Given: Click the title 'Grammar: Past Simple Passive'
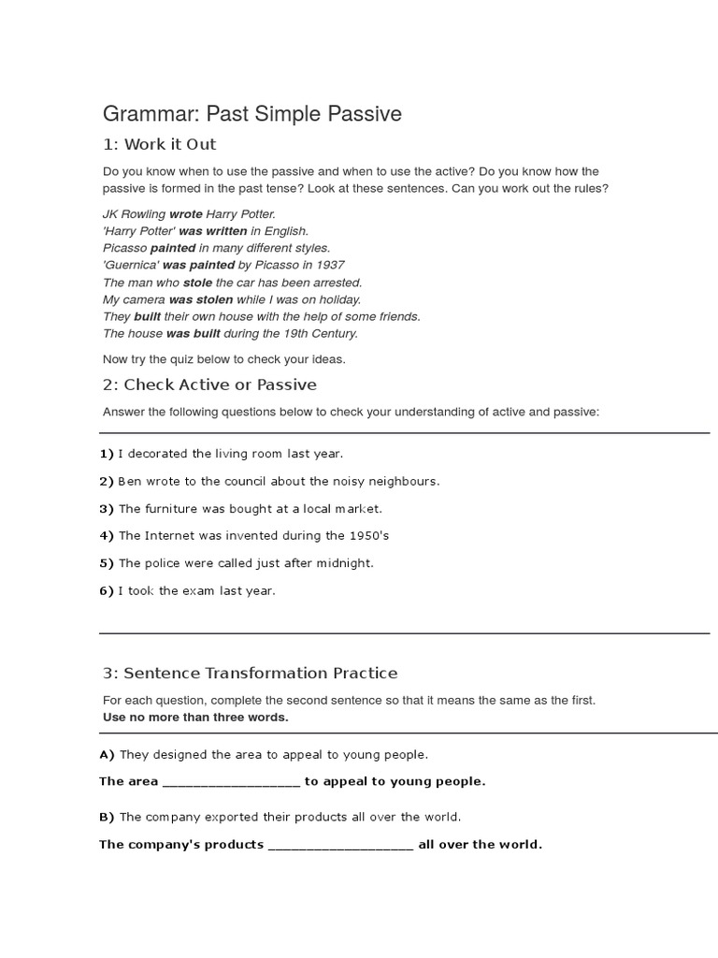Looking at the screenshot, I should coord(251,114).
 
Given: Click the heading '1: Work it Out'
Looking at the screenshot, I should coord(159,144).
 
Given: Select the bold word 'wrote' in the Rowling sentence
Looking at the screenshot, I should coord(186,214).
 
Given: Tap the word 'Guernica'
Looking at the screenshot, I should coord(131,265).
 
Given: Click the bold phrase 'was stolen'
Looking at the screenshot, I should coord(201,299).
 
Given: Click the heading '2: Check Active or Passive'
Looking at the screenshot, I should coord(209,385).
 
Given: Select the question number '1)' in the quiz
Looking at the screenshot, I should coord(107,454).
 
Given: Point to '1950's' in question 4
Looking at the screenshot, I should coord(367,536).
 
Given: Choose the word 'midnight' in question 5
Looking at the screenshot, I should coord(346,563).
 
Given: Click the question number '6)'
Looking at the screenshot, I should coord(107,591).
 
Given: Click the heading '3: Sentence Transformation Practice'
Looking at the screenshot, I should coord(250,673).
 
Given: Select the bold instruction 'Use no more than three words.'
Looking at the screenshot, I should coord(195,718).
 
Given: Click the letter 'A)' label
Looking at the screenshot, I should coord(107,754).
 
